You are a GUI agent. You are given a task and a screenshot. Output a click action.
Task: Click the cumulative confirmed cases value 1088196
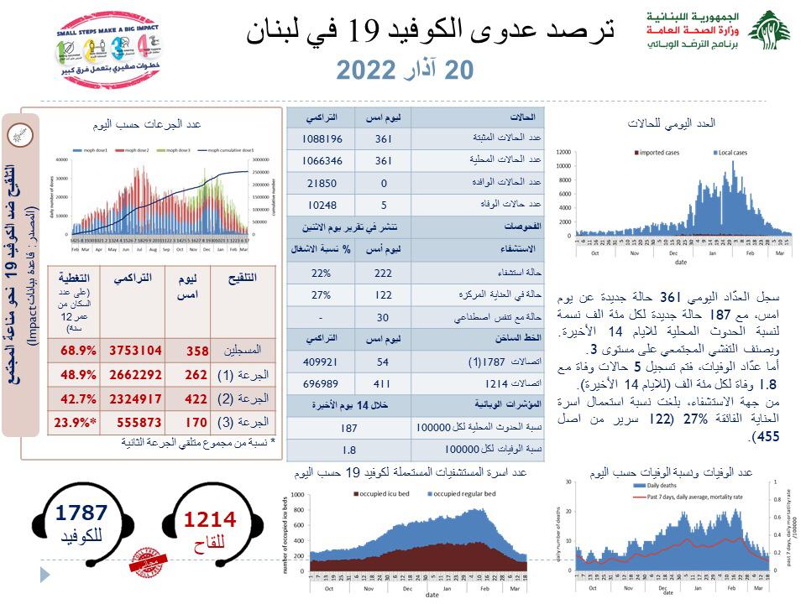[x=321, y=138]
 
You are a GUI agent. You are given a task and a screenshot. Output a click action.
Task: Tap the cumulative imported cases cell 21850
[x=321, y=183]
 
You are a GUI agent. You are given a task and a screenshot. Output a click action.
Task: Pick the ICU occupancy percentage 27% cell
[x=321, y=295]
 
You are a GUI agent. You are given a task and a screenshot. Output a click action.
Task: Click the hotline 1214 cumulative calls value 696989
[x=321, y=383]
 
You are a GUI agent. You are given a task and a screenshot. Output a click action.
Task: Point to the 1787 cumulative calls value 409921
[x=321, y=361]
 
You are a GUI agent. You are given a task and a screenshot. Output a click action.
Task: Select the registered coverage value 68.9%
[x=74, y=347]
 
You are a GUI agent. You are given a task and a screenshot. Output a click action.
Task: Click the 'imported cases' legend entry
[x=658, y=153]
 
